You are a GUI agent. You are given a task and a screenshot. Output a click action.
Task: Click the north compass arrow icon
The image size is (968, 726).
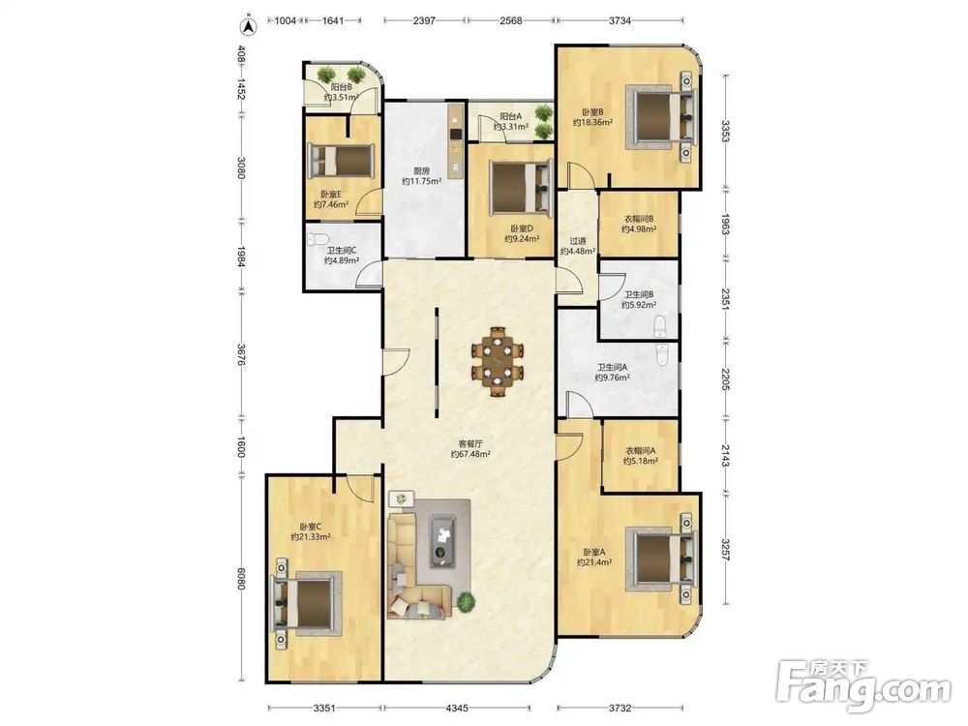click(x=248, y=26)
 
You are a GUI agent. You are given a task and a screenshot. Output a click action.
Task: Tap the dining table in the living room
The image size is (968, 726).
click(x=498, y=362)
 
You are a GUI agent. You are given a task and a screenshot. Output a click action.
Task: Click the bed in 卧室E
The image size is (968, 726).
click(x=341, y=160)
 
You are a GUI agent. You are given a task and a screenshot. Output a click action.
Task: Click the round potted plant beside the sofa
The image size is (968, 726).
click(x=467, y=601)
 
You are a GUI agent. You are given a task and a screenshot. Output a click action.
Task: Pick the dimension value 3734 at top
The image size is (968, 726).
click(x=620, y=20)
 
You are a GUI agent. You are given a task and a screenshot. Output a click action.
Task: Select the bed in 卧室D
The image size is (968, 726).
click(x=521, y=187)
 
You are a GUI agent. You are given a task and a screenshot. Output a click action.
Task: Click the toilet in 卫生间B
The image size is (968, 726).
click(x=660, y=325)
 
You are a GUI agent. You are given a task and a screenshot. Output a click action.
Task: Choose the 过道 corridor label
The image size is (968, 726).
click(x=577, y=241)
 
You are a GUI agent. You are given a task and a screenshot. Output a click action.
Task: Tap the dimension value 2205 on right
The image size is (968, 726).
click(x=726, y=379)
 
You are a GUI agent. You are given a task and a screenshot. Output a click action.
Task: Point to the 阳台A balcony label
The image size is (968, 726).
click(x=510, y=116)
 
